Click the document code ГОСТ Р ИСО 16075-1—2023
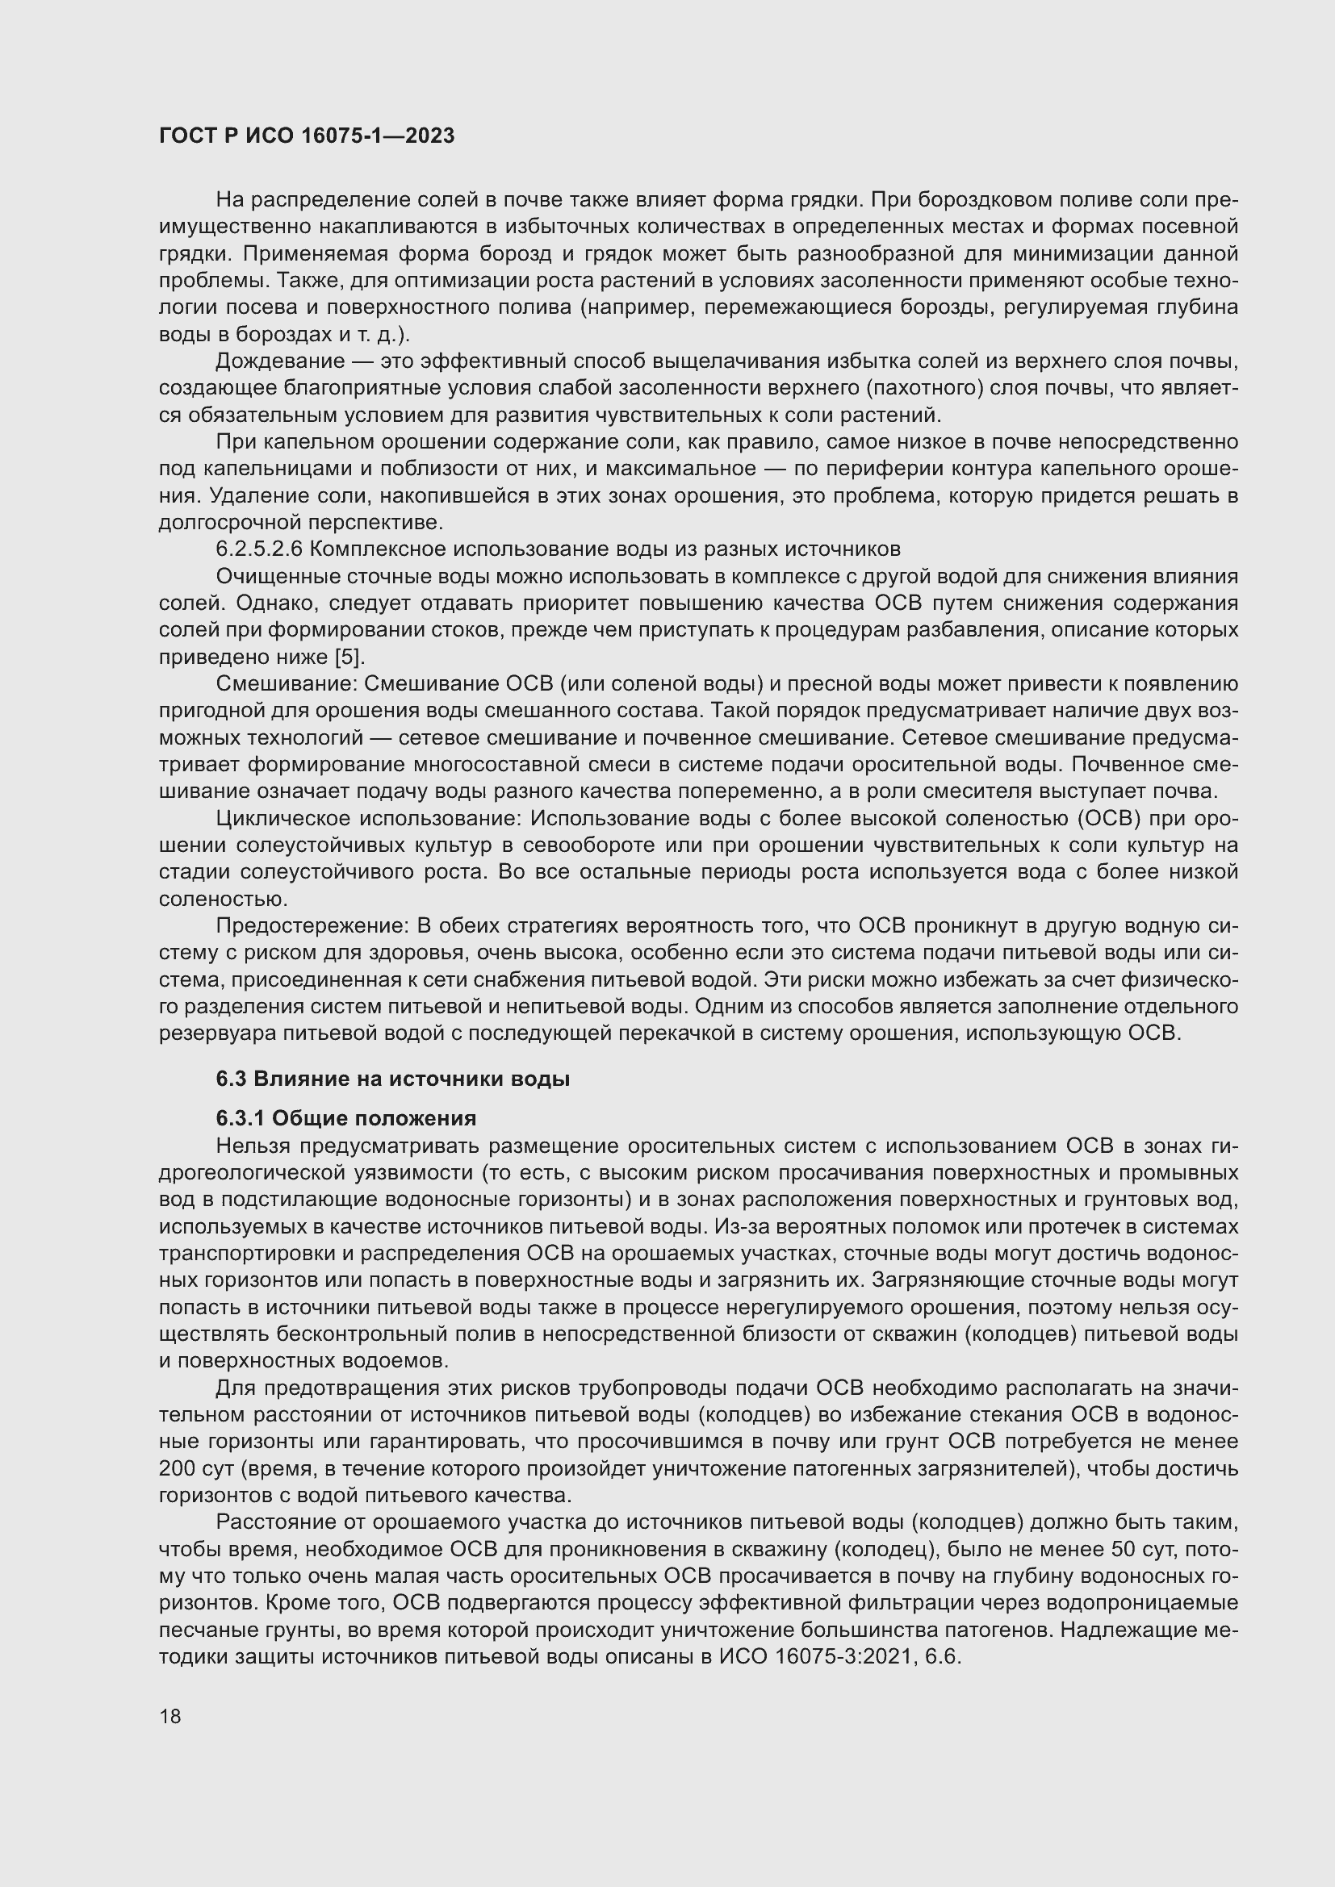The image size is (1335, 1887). click(307, 136)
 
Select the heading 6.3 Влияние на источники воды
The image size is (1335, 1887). click(393, 1079)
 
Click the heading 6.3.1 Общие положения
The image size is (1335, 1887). click(346, 1117)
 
